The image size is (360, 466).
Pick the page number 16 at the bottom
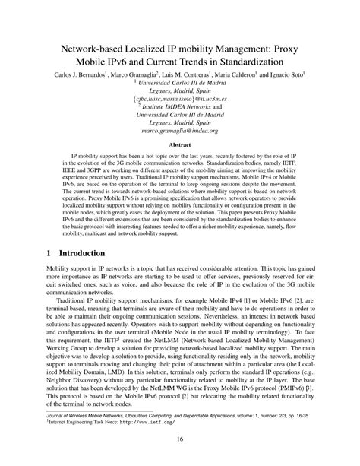(x=180, y=439)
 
